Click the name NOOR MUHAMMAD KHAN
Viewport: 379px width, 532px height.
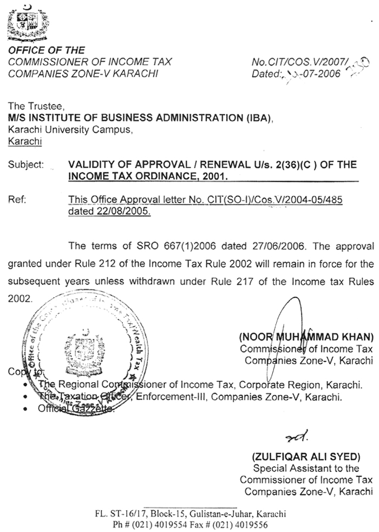[x=306, y=336]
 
